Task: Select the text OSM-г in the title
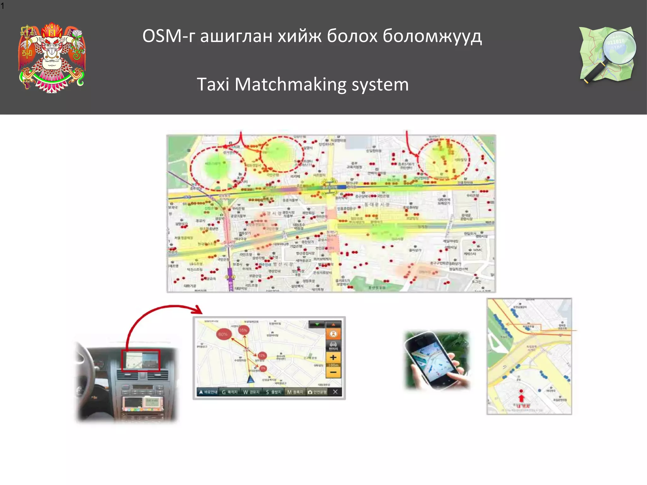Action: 169,36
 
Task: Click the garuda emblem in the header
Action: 52,57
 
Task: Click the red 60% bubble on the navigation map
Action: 223,334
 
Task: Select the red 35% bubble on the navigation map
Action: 243,330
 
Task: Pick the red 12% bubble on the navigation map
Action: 262,356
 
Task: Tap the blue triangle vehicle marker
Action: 251,379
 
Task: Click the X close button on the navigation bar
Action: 335,392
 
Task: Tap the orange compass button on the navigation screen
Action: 333,334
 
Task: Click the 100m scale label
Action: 333,365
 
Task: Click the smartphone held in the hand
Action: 433,360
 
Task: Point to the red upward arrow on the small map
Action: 521,398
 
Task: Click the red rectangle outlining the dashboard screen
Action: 141,360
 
